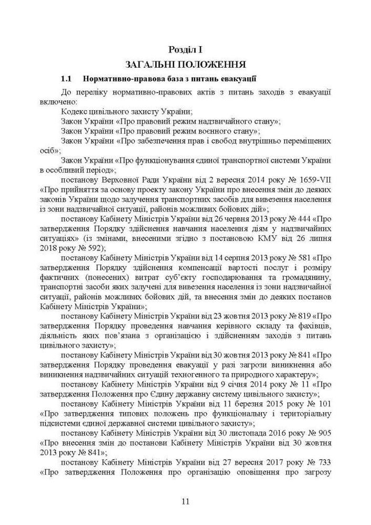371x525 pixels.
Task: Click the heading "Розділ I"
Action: [185, 49]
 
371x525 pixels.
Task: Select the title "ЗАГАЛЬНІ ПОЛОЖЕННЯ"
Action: [185, 65]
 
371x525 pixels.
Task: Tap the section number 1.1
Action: [66, 79]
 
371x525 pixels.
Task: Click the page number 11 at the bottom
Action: [185, 501]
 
